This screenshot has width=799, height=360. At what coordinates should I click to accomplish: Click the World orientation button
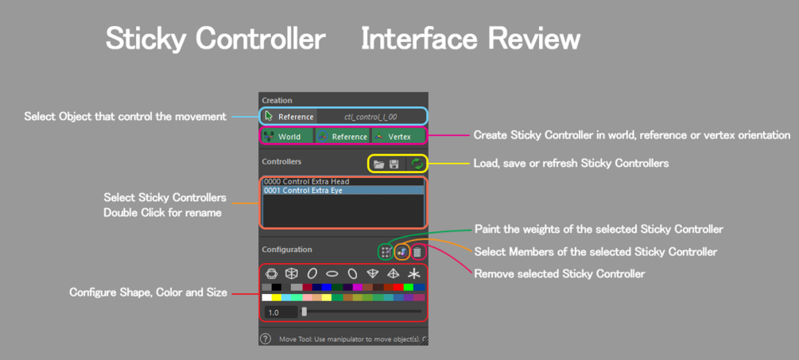[x=288, y=137]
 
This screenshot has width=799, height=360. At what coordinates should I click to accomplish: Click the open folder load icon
[x=378, y=165]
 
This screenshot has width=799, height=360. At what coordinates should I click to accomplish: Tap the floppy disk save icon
[x=394, y=165]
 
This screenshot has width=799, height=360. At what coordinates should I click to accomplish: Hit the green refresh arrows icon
[x=417, y=164]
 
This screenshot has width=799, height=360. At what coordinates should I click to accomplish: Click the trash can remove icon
[x=417, y=252]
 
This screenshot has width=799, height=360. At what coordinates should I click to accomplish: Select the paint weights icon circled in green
[x=386, y=252]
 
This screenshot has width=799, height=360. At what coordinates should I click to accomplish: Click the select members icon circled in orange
[x=401, y=252]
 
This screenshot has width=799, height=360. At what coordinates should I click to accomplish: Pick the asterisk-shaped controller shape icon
[x=413, y=274]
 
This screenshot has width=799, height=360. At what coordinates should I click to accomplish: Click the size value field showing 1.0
[x=281, y=312]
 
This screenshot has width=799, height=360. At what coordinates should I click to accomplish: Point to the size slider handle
[x=304, y=312]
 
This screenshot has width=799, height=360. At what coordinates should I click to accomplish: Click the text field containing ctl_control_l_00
[x=371, y=117]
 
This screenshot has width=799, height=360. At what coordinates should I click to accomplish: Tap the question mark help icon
[x=266, y=339]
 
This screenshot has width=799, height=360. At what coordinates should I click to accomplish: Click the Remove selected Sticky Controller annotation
[x=560, y=274]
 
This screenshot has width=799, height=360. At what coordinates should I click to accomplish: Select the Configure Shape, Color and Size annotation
[x=149, y=292]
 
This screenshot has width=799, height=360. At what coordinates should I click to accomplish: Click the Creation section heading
[x=277, y=100]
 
